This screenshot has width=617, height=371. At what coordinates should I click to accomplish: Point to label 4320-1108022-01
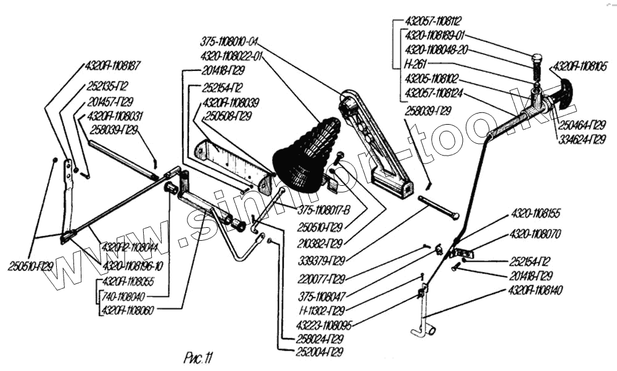(x=232, y=56)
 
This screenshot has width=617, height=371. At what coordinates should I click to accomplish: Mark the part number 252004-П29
(x=318, y=352)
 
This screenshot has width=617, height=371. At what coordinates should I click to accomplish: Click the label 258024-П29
(x=318, y=339)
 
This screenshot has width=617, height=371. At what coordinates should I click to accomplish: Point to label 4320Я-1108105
(x=581, y=64)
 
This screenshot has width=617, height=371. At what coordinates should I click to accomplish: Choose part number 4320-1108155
(x=535, y=214)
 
